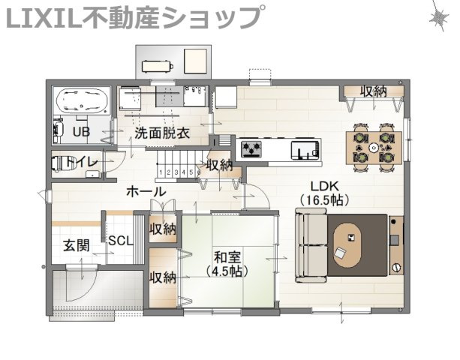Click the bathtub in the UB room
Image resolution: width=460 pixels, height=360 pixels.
click(x=81, y=101)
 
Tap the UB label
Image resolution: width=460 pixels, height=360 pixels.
click(x=81, y=132)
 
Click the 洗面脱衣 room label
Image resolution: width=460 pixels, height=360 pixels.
click(x=162, y=133)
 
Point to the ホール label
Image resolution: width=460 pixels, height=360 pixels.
click(x=146, y=192)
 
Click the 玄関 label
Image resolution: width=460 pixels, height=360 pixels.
click(x=77, y=245)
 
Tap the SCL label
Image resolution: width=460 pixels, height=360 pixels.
click(x=121, y=241)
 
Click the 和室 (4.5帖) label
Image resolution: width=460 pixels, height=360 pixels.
click(x=227, y=265)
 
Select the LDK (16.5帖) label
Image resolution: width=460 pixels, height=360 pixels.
click(x=324, y=193)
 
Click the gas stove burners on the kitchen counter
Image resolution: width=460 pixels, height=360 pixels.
click(x=251, y=148)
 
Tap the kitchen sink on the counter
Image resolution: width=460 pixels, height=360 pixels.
click(x=305, y=150)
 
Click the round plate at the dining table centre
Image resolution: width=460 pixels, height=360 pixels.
click(x=374, y=148)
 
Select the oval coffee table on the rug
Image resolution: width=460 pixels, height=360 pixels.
click(x=347, y=245)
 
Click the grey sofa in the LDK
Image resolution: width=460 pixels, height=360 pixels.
click(x=311, y=245)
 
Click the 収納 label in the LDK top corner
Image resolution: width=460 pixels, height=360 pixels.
click(x=374, y=91)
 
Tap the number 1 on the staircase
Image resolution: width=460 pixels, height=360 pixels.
click(x=161, y=172)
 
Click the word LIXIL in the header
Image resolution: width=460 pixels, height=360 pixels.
click(x=44, y=18)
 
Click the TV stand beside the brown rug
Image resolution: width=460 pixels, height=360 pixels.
click(x=396, y=245)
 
